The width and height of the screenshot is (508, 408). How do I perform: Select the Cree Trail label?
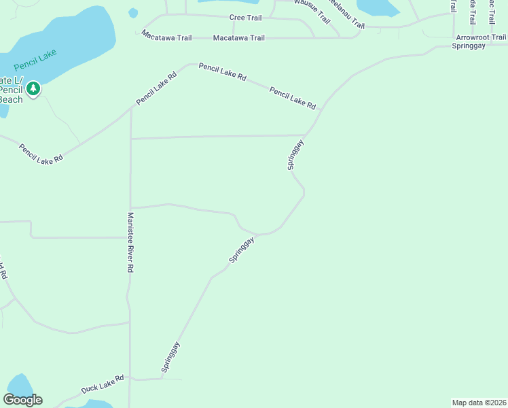245,17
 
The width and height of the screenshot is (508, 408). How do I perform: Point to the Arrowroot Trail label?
481,37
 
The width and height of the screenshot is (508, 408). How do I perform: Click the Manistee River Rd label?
130,243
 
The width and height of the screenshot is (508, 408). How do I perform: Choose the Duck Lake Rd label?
103,384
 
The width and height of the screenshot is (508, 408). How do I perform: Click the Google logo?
23,400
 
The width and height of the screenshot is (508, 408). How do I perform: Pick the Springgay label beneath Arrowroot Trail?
469,46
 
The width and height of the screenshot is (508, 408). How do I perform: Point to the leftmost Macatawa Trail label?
166,37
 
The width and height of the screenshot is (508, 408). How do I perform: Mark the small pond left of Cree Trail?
133,13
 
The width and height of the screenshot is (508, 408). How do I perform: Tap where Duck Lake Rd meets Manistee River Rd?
130,379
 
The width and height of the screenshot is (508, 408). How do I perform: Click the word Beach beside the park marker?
10,99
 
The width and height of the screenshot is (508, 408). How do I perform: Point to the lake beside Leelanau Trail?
378,6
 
